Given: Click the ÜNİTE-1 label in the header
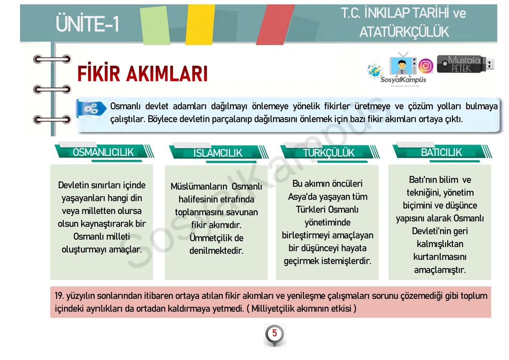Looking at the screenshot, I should (87, 24).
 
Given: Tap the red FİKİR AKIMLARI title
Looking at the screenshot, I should (142, 74).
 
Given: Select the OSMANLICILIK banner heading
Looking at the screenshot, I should (103, 152).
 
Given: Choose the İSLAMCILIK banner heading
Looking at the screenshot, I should (218, 153).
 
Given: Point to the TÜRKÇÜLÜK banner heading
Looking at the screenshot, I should (328, 153).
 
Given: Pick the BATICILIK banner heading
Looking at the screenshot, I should (441, 152).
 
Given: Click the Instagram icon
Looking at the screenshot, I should (426, 66).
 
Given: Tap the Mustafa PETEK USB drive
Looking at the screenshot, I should (465, 64).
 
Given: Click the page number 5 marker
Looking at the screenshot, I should (274, 333).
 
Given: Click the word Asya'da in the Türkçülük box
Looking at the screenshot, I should (302, 197).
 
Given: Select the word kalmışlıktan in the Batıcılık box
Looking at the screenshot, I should (440, 244).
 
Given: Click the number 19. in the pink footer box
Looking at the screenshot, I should (59, 296).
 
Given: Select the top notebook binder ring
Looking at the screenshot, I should (52, 60).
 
